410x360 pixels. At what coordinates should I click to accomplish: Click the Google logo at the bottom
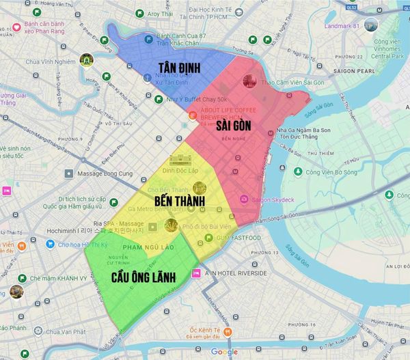pos(224,352)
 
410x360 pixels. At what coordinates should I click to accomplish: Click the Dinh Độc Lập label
pos(184,168)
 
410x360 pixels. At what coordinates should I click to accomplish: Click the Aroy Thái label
pos(159,14)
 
